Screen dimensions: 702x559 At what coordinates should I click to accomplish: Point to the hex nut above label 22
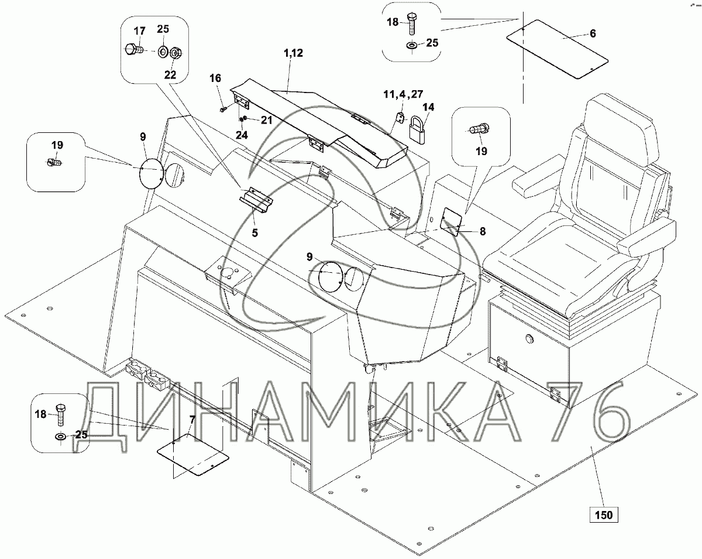click(175, 52)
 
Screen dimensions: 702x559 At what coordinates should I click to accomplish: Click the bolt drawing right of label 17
click(133, 51)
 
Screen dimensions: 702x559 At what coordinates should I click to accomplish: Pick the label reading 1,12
click(293, 53)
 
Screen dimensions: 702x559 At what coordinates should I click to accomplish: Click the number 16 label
click(215, 78)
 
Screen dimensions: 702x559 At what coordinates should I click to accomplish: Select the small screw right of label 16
click(223, 108)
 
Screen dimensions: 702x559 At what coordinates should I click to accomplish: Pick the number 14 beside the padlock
click(429, 107)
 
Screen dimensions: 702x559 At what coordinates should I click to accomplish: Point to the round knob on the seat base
click(529, 339)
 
